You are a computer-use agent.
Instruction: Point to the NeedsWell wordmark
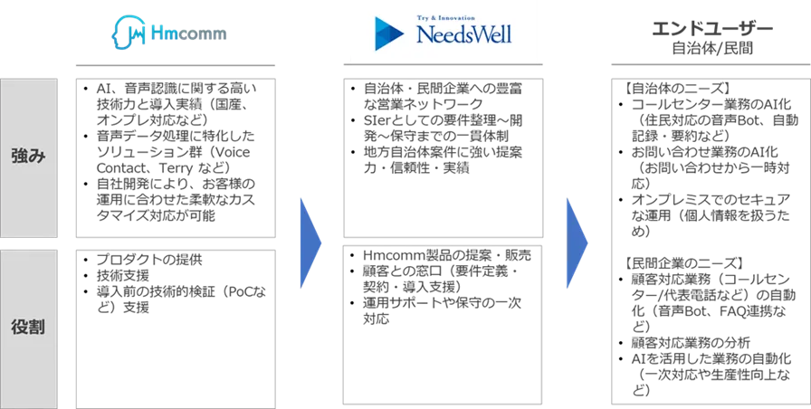pyautogui.click(x=463, y=36)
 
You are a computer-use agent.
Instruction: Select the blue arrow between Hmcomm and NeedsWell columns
pyautogui.click(x=310, y=243)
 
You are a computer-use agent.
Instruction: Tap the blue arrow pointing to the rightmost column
pyautogui.click(x=577, y=243)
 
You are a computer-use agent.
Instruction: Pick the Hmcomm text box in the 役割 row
pyautogui.click(x=177, y=325)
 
